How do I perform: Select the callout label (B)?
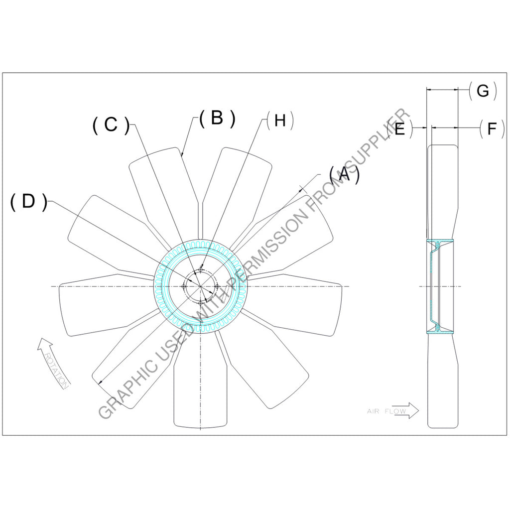216,119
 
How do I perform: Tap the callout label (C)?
111,126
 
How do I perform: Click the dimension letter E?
400,129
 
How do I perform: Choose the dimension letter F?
492,129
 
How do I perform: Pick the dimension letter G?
483,91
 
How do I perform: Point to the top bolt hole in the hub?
201,269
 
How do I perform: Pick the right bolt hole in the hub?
218,286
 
